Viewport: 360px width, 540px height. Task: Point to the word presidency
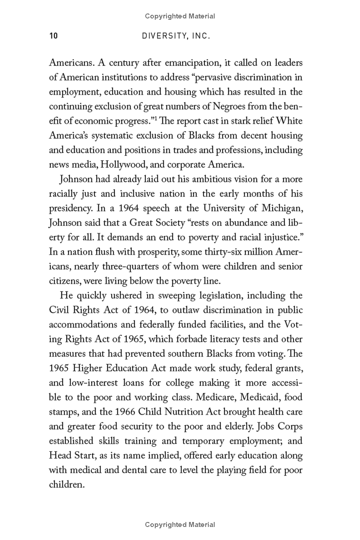click(72, 209)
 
